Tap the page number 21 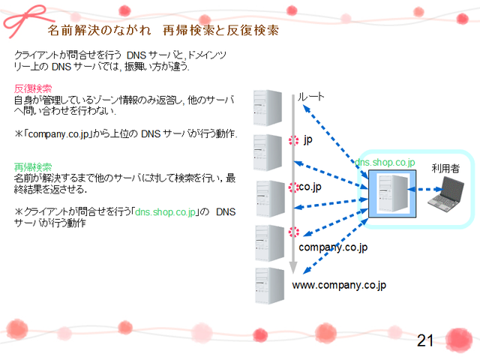[425, 341]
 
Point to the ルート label [310, 97]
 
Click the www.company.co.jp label [338, 285]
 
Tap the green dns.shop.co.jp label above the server [385, 162]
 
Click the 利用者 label [445, 168]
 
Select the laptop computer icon [452, 193]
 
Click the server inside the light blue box [392, 195]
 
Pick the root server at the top [266, 107]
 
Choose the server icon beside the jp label [266, 152]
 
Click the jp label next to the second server [307, 139]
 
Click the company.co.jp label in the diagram [333, 247]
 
